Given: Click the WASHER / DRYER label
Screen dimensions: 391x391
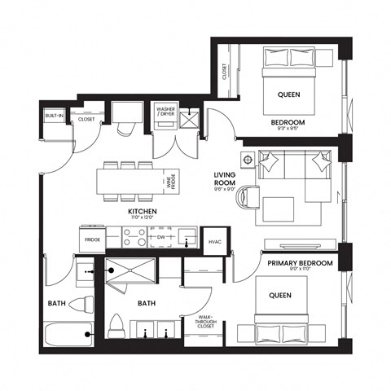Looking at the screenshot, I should click(x=165, y=110).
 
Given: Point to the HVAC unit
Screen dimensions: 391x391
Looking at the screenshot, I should click(x=216, y=241).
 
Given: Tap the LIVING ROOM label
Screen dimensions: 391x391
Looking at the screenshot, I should click(x=225, y=180).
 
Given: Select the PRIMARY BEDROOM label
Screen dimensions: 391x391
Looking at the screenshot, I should click(x=300, y=264).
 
